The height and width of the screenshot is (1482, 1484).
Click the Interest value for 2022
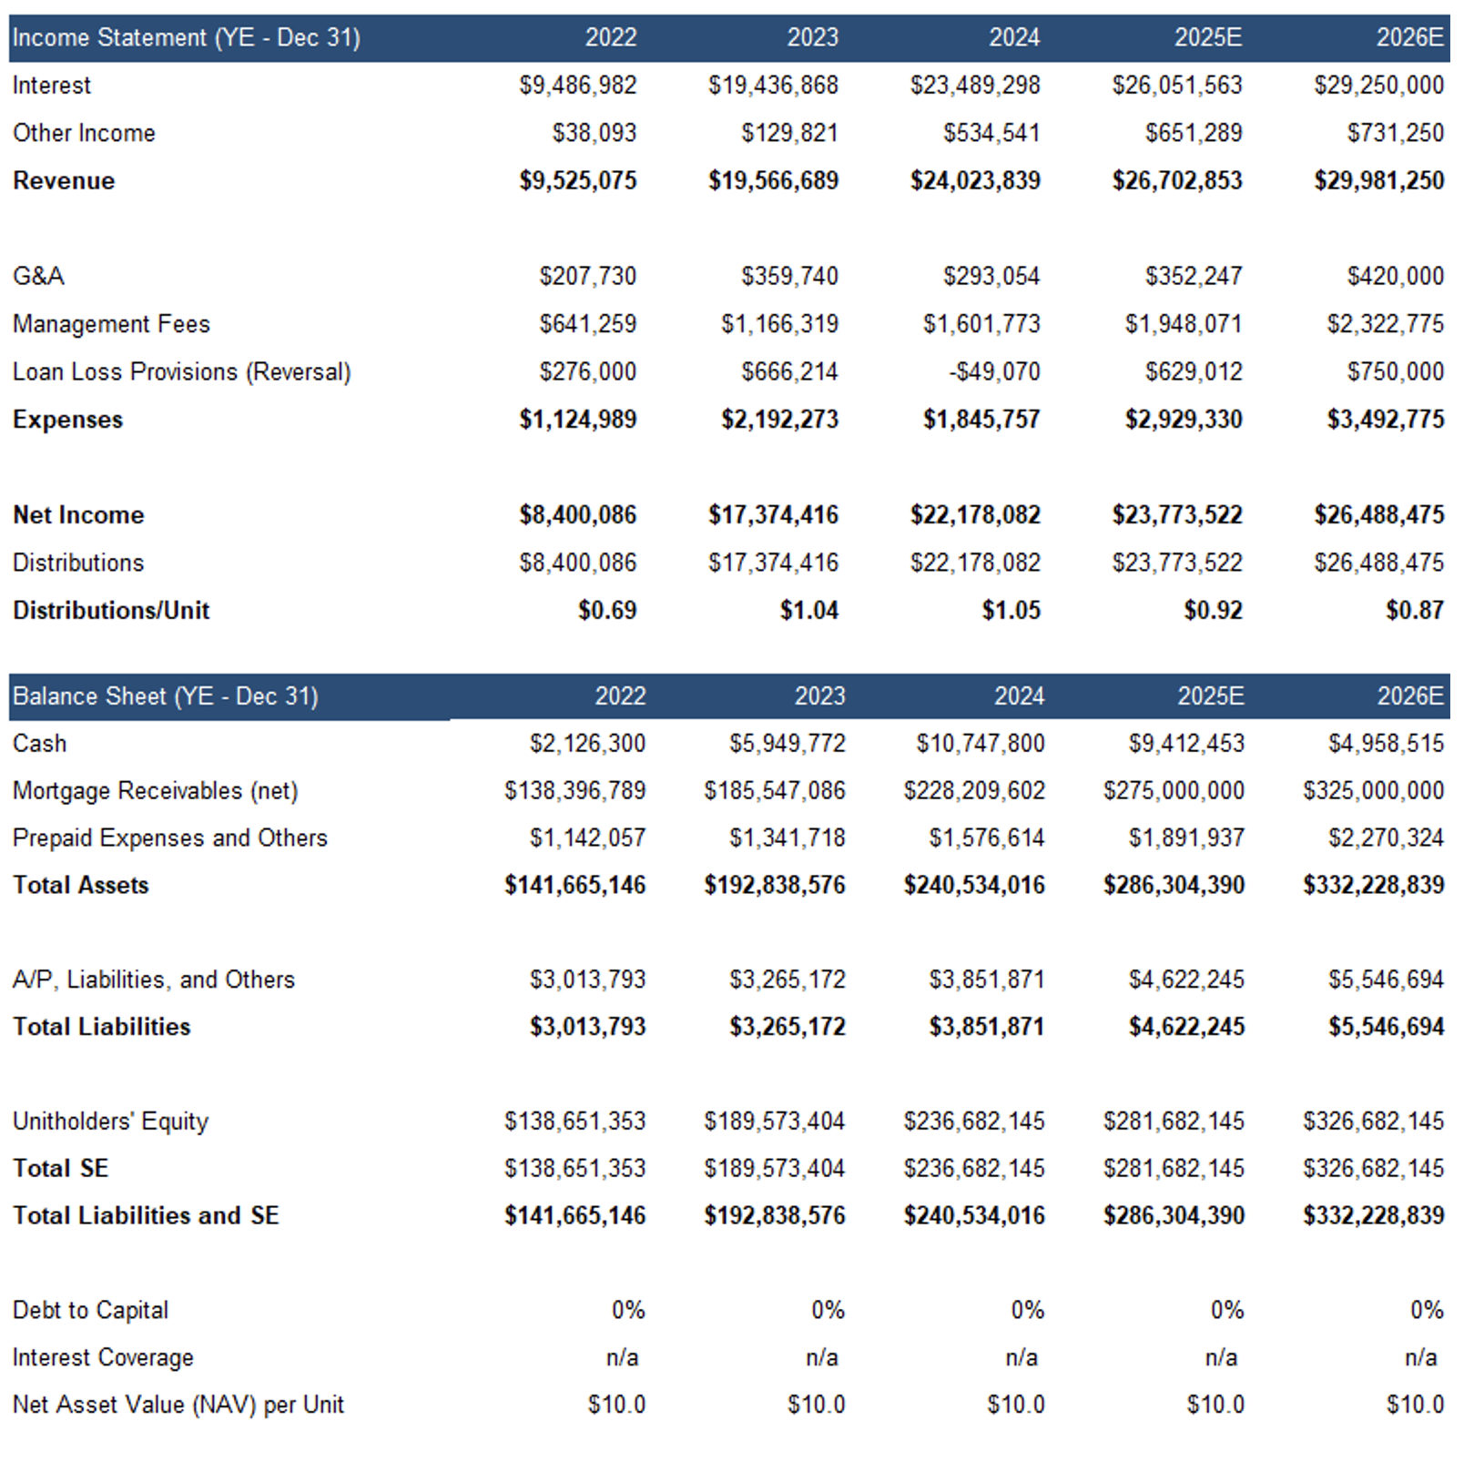(x=578, y=86)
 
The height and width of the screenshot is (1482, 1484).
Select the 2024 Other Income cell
(x=991, y=133)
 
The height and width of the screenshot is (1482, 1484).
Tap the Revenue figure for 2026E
(x=1379, y=180)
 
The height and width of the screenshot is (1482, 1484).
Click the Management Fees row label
(x=111, y=324)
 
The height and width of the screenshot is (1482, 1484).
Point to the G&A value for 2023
(x=789, y=276)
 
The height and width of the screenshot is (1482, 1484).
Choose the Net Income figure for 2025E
(x=1177, y=514)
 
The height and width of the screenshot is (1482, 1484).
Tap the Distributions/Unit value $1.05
(x=1011, y=610)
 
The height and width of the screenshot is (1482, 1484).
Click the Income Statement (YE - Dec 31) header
(x=187, y=37)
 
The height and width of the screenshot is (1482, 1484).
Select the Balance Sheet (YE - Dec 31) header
(x=166, y=696)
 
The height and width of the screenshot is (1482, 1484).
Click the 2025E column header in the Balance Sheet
(x=1211, y=696)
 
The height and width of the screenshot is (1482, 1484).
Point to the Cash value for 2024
(x=981, y=744)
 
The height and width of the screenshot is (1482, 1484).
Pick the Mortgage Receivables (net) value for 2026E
(x=1374, y=790)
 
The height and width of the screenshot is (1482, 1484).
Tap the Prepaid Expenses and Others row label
(x=170, y=837)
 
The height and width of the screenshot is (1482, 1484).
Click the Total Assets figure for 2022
(x=575, y=885)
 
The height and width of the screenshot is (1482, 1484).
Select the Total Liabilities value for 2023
(x=788, y=1027)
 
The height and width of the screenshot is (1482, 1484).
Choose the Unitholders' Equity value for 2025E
(x=1174, y=1121)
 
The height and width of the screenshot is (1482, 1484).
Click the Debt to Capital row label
(x=90, y=1310)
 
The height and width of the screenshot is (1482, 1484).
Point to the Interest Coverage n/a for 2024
(x=1022, y=1357)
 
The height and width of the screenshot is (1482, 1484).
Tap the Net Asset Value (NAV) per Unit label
(x=178, y=1405)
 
